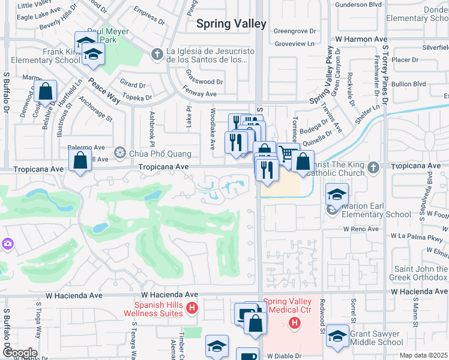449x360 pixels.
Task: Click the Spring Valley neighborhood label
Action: point(231,24)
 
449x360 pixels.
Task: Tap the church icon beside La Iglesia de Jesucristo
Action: point(157,55)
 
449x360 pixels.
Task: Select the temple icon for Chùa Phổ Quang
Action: point(119,153)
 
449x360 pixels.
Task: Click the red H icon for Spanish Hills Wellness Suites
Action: point(191,308)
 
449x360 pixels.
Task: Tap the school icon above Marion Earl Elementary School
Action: point(337,194)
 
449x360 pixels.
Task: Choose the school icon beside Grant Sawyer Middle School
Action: point(337,338)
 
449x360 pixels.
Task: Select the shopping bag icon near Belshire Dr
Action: point(45,92)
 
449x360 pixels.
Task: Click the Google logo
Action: point(19,353)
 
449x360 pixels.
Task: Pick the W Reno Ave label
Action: point(361,229)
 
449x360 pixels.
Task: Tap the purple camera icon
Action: point(7,244)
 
